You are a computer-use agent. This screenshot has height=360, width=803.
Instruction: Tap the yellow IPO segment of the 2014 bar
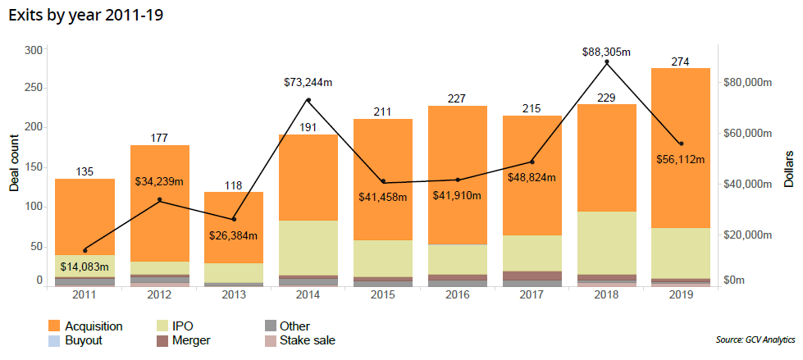click(308, 247)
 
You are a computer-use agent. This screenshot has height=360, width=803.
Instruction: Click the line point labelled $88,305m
click(606, 62)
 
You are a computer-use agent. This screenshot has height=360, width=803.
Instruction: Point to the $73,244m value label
click(308, 82)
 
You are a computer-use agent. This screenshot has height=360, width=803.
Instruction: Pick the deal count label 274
click(680, 61)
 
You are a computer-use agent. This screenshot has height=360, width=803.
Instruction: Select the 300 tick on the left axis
click(33, 50)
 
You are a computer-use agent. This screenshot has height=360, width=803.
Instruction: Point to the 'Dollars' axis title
click(788, 168)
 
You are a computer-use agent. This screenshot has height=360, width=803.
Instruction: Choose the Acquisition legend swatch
click(55, 326)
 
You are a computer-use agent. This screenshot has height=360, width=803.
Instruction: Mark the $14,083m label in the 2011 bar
click(84, 267)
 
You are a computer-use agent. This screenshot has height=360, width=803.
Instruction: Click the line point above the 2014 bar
click(308, 100)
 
